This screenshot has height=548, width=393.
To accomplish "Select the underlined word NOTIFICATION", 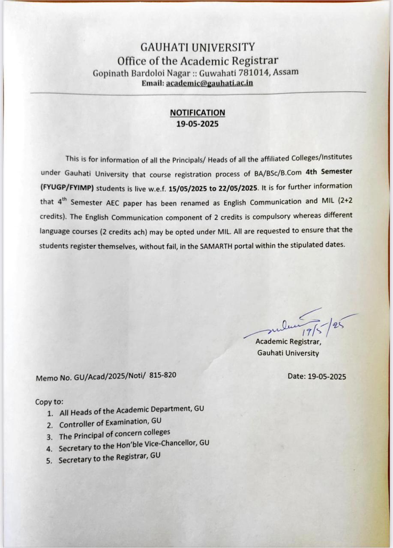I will [198, 113].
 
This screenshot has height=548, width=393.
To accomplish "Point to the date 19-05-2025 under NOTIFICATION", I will [198, 124].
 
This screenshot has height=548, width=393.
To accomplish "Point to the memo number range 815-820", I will [163, 375].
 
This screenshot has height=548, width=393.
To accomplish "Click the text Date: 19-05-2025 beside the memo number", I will [317, 377].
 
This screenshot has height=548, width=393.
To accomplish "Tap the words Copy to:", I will [49, 402].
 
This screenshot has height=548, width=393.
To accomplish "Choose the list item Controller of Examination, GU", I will [110, 423].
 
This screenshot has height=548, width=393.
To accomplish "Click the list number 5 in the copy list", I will [49, 461].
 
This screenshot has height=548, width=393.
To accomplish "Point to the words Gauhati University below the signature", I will [288, 353].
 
